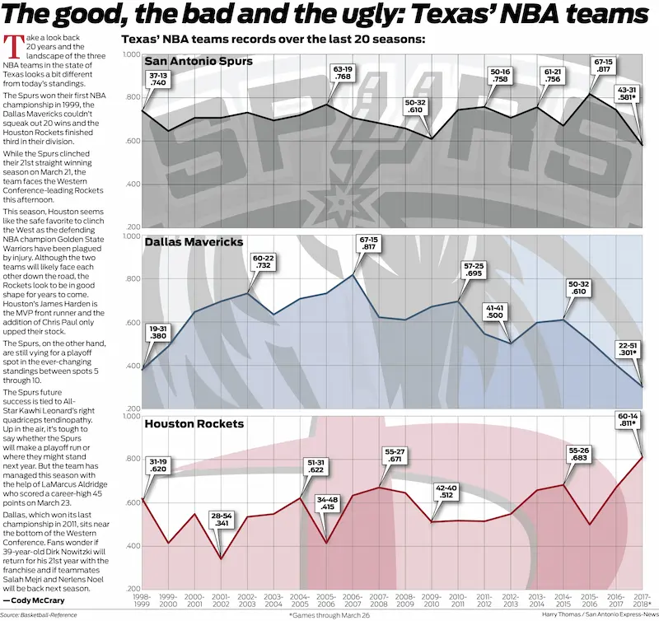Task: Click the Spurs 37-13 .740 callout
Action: coord(158,78)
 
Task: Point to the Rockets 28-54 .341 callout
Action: coord(219,519)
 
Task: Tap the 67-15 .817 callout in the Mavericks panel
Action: coord(369,244)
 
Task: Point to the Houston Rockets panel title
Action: coord(194,424)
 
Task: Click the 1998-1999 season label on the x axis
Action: coord(142,600)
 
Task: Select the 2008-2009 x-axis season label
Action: coord(404,600)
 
